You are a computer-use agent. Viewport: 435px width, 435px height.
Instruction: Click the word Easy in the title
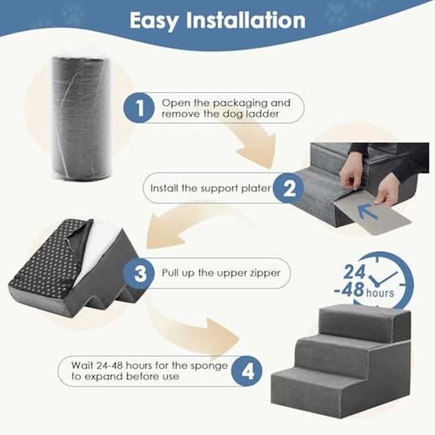pos(155,21)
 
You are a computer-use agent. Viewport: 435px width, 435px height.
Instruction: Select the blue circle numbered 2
pos(289,188)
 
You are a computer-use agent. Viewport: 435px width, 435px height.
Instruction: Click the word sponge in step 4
pos(210,365)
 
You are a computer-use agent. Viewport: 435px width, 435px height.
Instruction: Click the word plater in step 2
pos(257,188)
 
